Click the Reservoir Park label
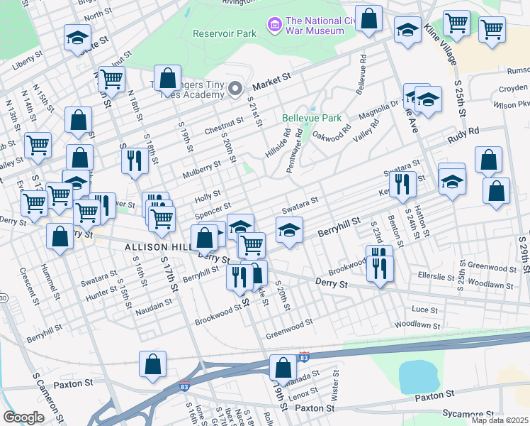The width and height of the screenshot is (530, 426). (x=225, y=33)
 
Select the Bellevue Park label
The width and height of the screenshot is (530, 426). (x=312, y=118)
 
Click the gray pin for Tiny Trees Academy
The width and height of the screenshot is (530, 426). (x=235, y=89)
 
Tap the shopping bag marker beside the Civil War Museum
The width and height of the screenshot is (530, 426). (x=368, y=20)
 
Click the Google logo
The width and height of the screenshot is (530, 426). (x=23, y=417)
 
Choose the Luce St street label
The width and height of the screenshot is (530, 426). (x=424, y=310)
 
